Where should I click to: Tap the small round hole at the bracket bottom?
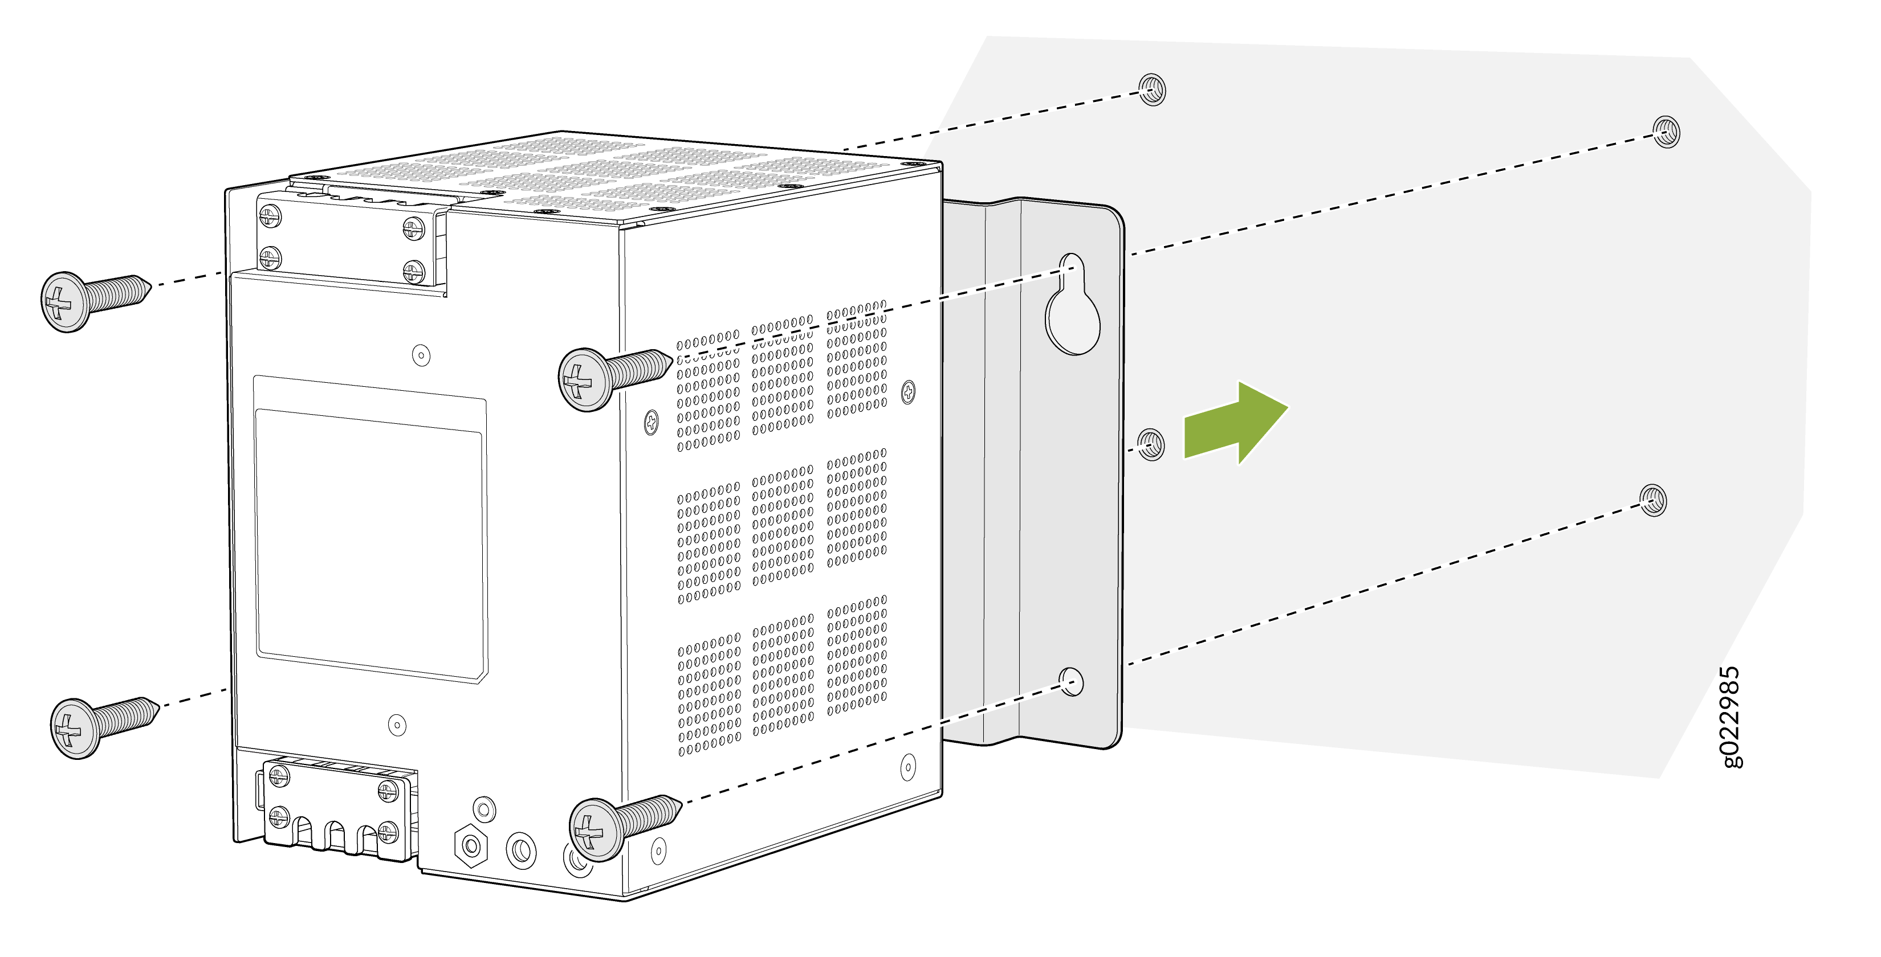(1071, 681)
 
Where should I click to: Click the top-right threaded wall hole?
(1666, 132)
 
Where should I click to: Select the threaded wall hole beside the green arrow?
(1151, 444)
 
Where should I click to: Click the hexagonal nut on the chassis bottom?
(471, 845)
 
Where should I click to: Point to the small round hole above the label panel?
(421, 355)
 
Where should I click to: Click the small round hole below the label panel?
(397, 725)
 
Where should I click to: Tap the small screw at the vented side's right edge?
(909, 391)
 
